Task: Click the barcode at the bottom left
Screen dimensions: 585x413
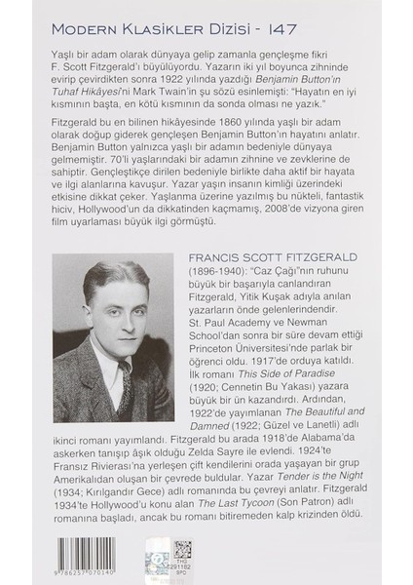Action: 94,561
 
